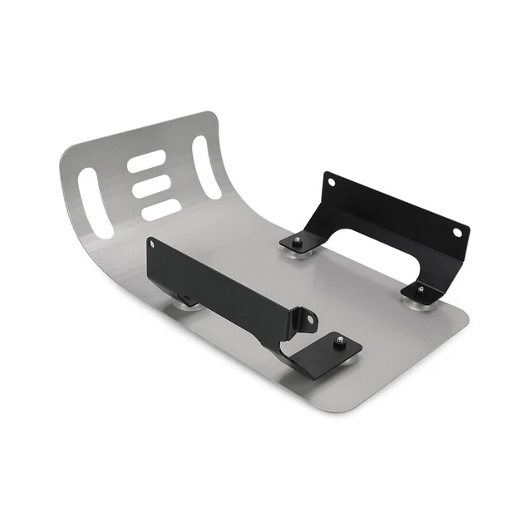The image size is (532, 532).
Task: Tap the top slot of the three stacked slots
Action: (146, 164)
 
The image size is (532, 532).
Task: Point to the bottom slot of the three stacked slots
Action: (160, 209)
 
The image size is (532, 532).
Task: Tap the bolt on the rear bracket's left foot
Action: (296, 241)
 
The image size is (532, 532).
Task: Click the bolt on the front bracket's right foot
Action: (338, 340)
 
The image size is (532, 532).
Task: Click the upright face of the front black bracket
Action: (224, 283)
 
